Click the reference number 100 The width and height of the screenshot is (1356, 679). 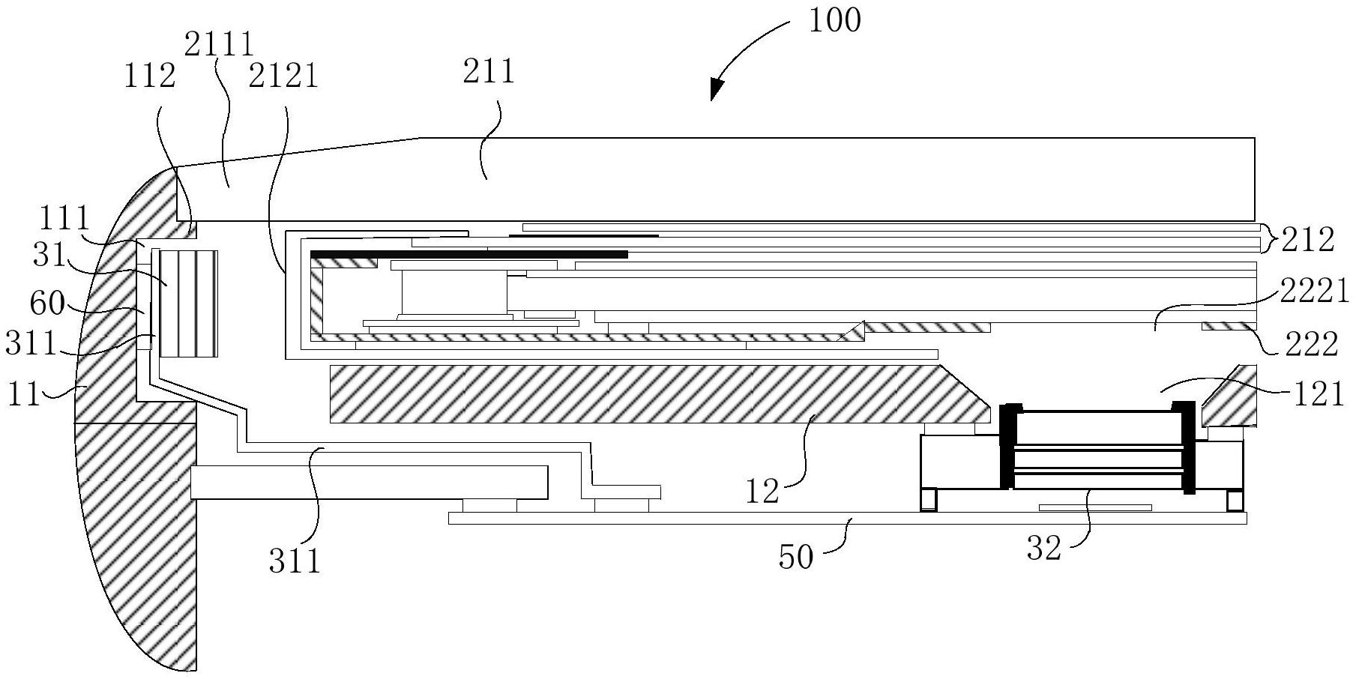(x=834, y=20)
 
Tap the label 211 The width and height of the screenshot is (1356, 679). (x=489, y=72)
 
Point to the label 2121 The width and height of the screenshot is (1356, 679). (x=283, y=76)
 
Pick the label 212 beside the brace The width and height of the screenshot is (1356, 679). (x=1308, y=240)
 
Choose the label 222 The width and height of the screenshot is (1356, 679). (x=1310, y=344)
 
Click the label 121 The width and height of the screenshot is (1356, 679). (x=1319, y=393)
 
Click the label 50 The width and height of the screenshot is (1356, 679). (x=796, y=557)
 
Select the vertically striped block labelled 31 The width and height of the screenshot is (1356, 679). (x=188, y=303)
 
